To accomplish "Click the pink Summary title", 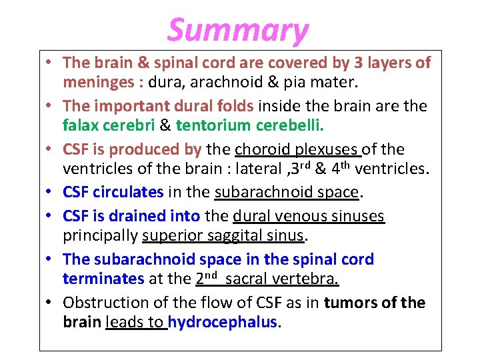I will pyautogui.click(x=238, y=30).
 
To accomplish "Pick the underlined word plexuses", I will pyautogui.click(x=326, y=149).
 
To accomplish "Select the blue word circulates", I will pyautogui.click(x=128, y=193).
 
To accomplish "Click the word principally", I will pyautogui.click(x=101, y=236).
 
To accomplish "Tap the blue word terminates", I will pyautogui.click(x=103, y=279).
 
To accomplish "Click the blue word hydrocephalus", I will pyautogui.click(x=222, y=323).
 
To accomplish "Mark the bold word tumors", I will pyautogui.click(x=351, y=302).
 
